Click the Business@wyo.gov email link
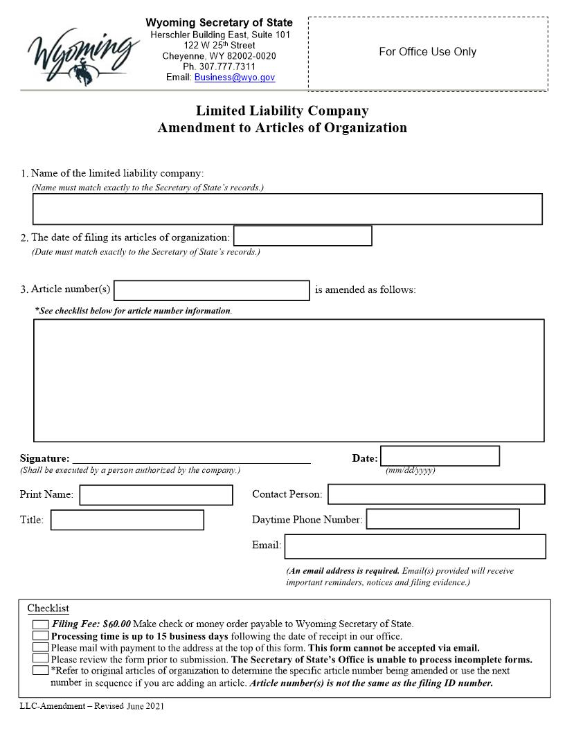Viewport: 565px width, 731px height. (234, 78)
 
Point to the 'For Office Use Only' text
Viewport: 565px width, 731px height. (427, 52)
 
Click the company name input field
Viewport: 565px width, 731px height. (287, 209)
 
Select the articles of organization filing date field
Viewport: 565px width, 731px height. (303, 236)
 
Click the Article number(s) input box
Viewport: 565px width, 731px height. (211, 290)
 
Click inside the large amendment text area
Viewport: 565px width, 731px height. (289, 380)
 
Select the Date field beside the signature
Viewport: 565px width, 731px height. (440, 456)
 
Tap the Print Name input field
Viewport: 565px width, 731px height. (156, 495)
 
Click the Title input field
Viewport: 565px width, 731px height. (127, 520)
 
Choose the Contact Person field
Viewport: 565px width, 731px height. (436, 494)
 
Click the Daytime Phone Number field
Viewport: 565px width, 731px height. (442, 519)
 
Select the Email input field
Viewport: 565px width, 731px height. (415, 546)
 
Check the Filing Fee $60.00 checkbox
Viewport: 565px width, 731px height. (40, 624)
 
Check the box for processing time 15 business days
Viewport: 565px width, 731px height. (40, 635)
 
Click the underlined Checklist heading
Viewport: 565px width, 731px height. (48, 608)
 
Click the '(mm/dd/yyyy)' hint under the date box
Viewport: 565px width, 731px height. (410, 471)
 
